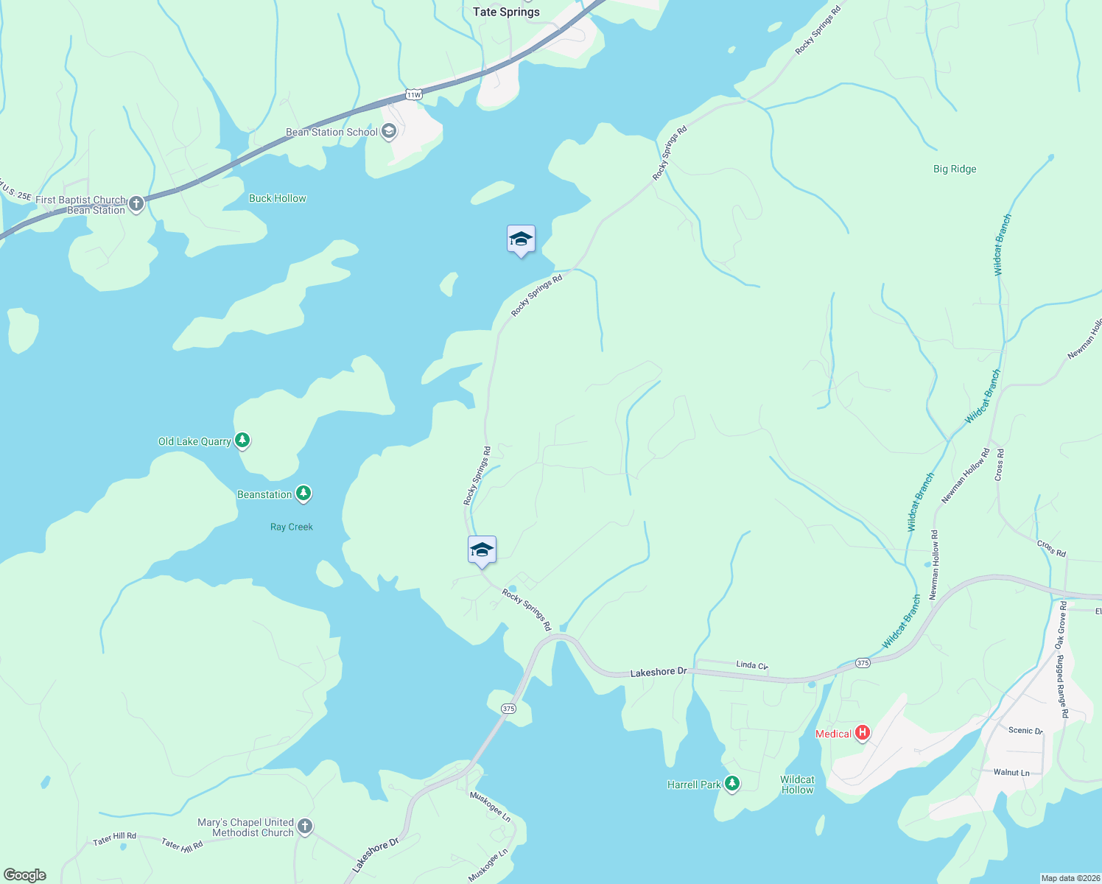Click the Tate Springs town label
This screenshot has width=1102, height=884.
[506, 12]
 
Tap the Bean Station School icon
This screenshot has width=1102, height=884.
[389, 132]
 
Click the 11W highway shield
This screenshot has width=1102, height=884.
[414, 94]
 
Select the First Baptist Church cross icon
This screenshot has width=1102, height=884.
[136, 204]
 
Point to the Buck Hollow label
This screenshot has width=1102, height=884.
[277, 198]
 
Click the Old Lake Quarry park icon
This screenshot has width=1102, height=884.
[242, 441]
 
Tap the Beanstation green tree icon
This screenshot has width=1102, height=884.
[303, 494]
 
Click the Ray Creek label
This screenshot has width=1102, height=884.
[291, 527]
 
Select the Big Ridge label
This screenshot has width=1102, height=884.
[955, 169]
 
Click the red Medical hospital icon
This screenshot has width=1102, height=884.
[862, 733]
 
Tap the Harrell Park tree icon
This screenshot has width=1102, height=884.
[731, 784]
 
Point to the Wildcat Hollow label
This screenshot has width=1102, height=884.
[797, 785]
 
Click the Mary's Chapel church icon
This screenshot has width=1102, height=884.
[305, 827]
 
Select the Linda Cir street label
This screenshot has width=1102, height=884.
[752, 664]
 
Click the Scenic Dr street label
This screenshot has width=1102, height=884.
[1025, 731]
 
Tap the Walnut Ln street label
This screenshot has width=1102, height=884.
[1011, 772]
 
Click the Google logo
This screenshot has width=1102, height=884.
[25, 875]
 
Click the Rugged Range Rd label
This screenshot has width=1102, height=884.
[1062, 687]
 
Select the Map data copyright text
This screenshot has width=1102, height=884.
[1070, 878]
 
